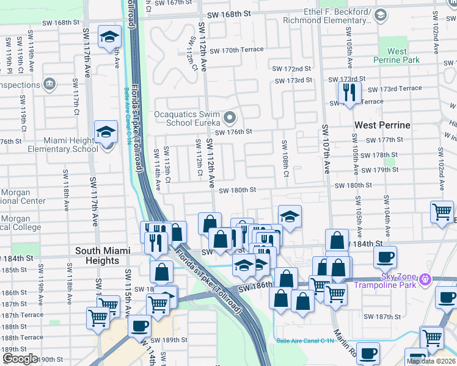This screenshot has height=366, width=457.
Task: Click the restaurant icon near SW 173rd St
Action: [x=349, y=93]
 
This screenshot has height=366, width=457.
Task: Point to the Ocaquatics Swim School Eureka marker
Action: [x=230, y=117]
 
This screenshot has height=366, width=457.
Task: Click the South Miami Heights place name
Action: [x=97, y=256]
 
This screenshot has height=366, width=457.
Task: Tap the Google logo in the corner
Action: [x=20, y=358]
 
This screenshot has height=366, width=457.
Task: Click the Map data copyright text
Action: [x=431, y=361]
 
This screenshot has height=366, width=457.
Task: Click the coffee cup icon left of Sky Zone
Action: [x=385, y=257]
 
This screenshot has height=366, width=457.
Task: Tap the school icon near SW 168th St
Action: [x=109, y=37]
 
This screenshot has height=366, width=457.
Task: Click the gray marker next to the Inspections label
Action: [x=50, y=84]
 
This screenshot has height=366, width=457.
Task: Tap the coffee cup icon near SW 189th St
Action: [x=139, y=326]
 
